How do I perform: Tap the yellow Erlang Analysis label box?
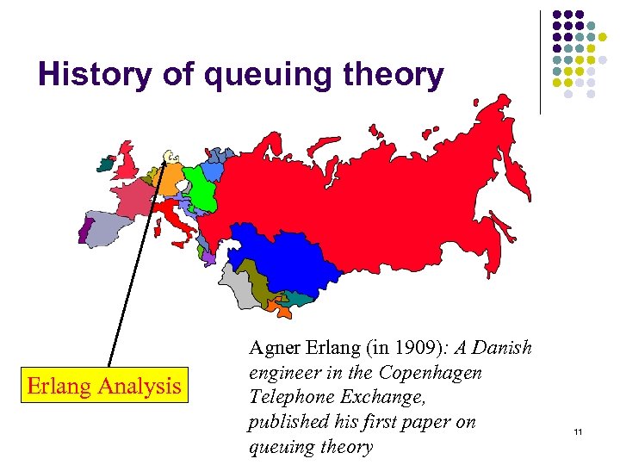[104, 385]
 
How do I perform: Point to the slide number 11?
[578, 431]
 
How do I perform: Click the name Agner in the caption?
[270, 349]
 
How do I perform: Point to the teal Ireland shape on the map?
[106, 161]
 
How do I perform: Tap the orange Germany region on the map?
[170, 180]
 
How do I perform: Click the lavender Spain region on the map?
[110, 229]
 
